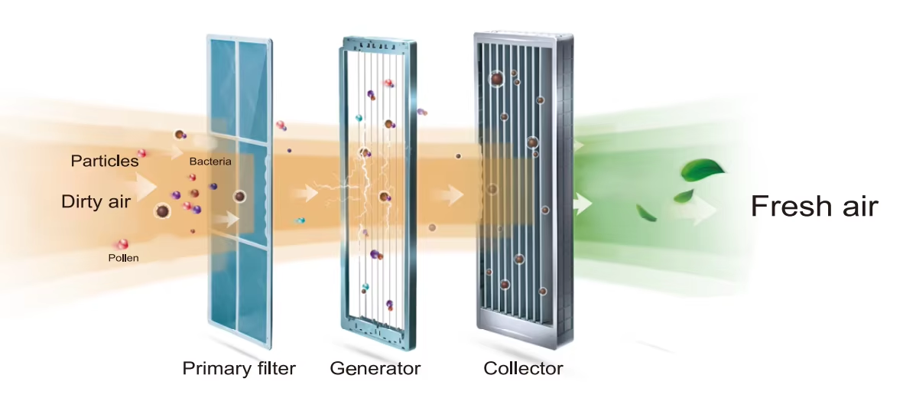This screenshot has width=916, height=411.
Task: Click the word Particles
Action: pos(105,161)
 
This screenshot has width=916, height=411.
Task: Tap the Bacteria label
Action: pos(210,161)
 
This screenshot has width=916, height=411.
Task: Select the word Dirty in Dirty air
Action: pos(79,202)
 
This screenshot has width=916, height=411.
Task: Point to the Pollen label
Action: pos(123,258)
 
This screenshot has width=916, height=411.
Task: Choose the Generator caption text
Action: pos(375,369)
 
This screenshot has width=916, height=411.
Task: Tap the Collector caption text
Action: pos(523,369)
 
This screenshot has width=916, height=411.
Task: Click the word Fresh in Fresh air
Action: pos(788,206)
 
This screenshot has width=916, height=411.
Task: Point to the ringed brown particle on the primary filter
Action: pos(240,197)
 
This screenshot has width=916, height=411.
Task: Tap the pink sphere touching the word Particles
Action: pos(141,153)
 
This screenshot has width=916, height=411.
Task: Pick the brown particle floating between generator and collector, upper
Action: pos(458,156)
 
